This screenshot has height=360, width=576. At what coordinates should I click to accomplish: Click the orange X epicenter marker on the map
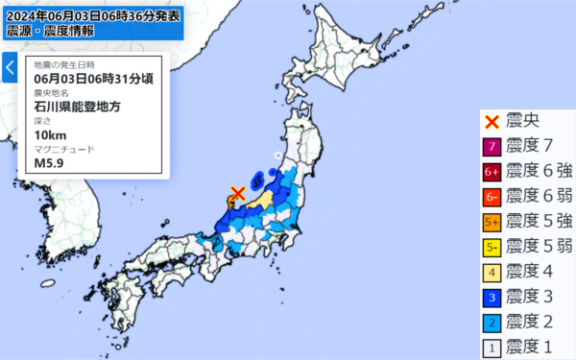tap(238, 195)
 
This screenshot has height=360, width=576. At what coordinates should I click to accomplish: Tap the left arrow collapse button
tap(10, 68)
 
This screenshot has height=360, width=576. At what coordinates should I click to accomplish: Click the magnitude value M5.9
tap(48, 162)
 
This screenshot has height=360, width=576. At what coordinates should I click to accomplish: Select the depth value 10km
tap(50, 134)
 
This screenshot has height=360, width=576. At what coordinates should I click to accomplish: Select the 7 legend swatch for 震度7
tap(492, 146)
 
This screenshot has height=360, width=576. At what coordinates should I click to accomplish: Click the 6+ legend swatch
tap(492, 171)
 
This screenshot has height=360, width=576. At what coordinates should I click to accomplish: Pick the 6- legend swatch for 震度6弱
tap(492, 196)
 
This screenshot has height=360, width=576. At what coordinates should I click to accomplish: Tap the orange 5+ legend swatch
tap(492, 221)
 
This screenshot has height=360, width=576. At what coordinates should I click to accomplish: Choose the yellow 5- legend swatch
tap(492, 246)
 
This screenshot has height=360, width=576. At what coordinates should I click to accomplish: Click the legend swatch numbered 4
tap(492, 271)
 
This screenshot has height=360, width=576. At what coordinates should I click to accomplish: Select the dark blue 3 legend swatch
tap(492, 296)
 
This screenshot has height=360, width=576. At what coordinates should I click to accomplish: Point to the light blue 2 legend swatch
tap(492, 321)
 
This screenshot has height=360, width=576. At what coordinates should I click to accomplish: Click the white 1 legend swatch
tap(492, 346)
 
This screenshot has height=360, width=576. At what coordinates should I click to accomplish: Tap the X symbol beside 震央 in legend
tap(492, 121)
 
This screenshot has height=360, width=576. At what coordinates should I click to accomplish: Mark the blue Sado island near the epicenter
tap(256, 180)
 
